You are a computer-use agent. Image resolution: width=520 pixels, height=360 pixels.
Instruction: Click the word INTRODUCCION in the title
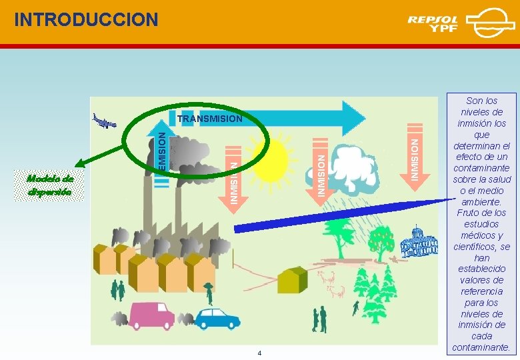pos(86,19)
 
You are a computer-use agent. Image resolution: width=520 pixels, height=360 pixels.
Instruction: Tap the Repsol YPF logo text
pos(434,23)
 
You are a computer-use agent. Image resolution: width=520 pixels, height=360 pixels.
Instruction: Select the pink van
pos(151,315)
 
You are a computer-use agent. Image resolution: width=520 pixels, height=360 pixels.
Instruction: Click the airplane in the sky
pos(104,121)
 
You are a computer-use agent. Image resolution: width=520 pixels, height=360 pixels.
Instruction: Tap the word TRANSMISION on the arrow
pos(210,119)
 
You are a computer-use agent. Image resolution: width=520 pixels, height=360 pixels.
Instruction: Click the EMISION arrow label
pos(161,149)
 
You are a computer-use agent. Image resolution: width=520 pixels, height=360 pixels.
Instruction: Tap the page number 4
pos(260,353)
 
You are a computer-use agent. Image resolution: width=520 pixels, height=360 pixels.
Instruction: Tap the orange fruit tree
pos(382,241)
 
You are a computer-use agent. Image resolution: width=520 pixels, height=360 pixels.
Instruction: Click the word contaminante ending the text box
pos(481,347)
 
